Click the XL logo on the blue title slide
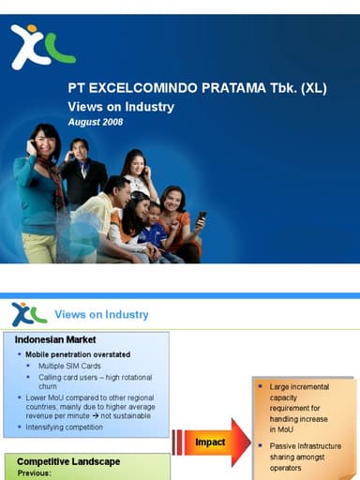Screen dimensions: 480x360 [x=41, y=47]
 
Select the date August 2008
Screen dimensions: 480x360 [x=96, y=122]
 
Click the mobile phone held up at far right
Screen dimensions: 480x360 [x=202, y=217]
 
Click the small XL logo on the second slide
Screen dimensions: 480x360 [x=28, y=314]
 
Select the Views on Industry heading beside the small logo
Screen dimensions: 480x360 [x=101, y=314]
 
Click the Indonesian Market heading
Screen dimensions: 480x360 [x=58, y=339]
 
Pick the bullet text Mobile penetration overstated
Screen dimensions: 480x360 [x=78, y=355]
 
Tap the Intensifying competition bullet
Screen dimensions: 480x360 [x=67, y=427]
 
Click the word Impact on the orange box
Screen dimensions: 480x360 [x=210, y=442]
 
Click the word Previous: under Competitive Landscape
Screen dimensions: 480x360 [x=38, y=473]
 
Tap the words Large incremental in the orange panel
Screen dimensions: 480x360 [x=299, y=386]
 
